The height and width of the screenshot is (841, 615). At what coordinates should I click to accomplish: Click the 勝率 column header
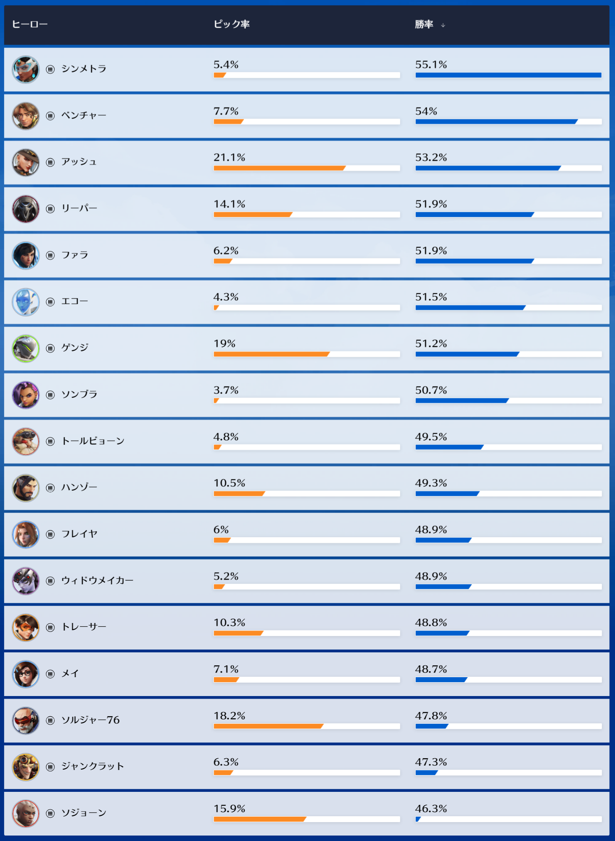coord(424,24)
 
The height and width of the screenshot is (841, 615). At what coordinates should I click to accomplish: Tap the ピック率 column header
coord(232,24)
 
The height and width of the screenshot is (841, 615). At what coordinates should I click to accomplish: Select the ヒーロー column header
coord(29,24)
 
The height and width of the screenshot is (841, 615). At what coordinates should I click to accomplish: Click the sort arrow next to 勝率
coord(443,25)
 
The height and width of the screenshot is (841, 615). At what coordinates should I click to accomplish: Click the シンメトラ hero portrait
coord(26,70)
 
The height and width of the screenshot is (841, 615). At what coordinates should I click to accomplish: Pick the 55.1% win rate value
coord(431,65)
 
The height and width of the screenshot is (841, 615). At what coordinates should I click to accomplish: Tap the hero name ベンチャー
coord(84,116)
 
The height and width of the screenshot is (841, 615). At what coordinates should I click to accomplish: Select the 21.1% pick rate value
coord(229,158)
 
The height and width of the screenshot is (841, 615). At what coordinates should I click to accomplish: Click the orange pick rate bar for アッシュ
coord(279,168)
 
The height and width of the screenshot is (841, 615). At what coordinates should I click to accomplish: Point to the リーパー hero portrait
coord(26,209)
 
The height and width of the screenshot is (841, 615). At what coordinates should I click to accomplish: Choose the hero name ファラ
coord(75,255)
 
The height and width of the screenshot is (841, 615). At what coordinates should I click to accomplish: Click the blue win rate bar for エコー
coord(470,308)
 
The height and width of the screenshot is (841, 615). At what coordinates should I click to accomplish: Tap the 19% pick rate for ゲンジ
coord(224,344)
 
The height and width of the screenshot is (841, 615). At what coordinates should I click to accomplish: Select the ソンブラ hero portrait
coord(26,395)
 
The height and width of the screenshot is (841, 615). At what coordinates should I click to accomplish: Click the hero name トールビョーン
coord(93,441)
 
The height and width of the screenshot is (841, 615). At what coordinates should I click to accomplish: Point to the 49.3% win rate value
coord(431,483)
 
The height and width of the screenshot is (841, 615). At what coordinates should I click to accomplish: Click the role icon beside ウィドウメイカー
coord(50,581)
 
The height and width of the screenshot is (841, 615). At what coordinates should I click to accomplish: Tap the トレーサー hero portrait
coord(26,628)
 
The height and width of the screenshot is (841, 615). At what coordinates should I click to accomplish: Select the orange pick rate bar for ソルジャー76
coord(268,726)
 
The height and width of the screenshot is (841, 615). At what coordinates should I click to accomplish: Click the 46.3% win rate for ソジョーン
coord(431,809)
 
